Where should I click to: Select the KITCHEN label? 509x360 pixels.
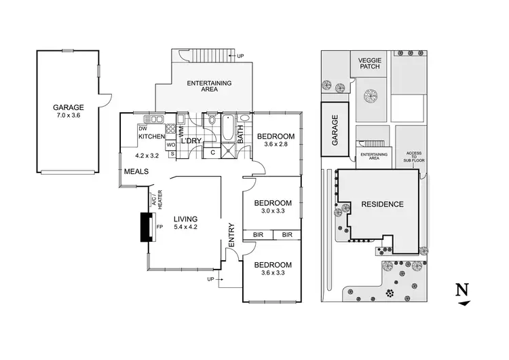pyautogui.click(x=151, y=137)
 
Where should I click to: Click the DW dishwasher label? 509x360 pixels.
pyautogui.click(x=143, y=128)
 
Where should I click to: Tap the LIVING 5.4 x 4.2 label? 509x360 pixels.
pyautogui.click(x=185, y=223)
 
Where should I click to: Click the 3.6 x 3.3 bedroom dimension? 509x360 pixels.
pyautogui.click(x=272, y=274)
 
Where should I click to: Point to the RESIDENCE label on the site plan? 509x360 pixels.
pyautogui.click(x=382, y=204)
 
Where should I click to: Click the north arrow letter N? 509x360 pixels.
pyautogui.click(x=461, y=289)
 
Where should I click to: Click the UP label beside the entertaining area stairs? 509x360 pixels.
pyautogui.click(x=240, y=56)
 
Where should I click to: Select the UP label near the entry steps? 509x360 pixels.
pyautogui.click(x=211, y=279)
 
